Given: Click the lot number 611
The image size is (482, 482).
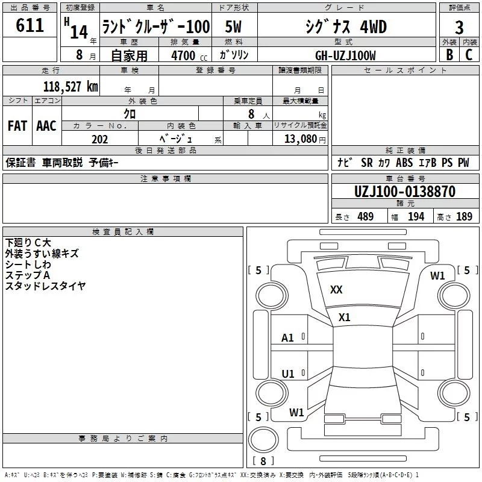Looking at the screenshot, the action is [x=30, y=25].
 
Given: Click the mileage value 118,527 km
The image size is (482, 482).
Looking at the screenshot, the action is [x=70, y=87].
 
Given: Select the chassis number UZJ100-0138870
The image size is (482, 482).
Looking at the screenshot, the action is [x=405, y=192].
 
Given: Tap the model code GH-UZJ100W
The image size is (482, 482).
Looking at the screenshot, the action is [x=345, y=55].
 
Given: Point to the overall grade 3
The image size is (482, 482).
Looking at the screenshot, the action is [x=459, y=28].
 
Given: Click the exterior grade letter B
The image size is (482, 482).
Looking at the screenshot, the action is [x=449, y=55].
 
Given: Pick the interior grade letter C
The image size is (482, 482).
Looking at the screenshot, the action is [x=469, y=55].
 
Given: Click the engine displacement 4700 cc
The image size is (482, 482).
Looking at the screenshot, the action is [x=189, y=55].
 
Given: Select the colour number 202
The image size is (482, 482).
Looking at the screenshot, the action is [x=100, y=139].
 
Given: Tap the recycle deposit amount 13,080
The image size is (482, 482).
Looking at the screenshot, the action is [x=301, y=139].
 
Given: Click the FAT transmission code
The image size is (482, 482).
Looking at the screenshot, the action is [x=17, y=126].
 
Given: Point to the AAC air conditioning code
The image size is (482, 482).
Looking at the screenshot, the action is [x=46, y=126].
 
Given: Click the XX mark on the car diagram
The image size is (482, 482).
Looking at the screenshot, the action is [x=336, y=290].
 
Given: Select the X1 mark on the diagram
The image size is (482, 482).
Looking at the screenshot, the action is [x=344, y=318].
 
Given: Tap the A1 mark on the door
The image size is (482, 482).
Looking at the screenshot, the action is [x=287, y=338].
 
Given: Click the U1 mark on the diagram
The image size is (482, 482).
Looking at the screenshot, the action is [x=288, y=374].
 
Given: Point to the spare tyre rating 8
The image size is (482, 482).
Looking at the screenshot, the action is [x=263, y=461].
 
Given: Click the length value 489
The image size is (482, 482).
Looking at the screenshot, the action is [x=366, y=217].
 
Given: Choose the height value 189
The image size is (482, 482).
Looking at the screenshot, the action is [x=464, y=217].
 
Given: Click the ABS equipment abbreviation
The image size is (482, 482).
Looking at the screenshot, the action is [x=404, y=163].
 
